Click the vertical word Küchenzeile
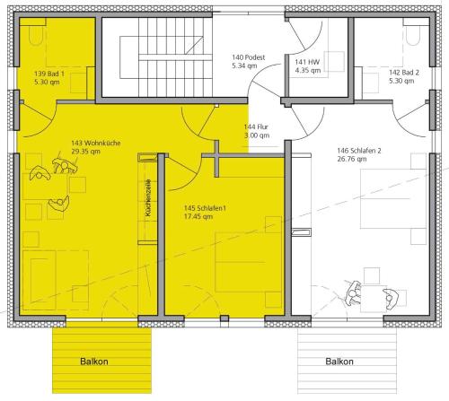pos(147,198)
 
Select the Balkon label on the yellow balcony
pos(94,362)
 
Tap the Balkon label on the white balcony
pos(339,362)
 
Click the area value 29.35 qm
pos(85,152)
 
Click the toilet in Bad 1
pos(37,35)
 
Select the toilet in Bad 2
pos(413,35)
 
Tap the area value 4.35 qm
pos(308,70)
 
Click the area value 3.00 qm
pos(257,135)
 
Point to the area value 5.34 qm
pos(244,65)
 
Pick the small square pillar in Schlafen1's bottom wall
pos(224,318)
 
